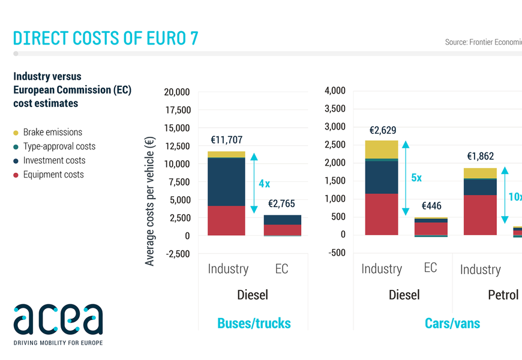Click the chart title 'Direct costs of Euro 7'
(106, 38)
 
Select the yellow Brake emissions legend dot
(16, 133)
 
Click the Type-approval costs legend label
(59, 146)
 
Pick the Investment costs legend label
(54, 161)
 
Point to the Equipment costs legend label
(53, 175)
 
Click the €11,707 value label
(226, 140)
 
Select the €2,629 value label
(382, 130)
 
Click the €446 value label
(431, 206)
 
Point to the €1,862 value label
(481, 157)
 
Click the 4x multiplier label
(264, 184)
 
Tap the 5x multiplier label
(416, 178)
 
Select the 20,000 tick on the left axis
(176, 92)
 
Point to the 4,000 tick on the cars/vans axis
(335, 91)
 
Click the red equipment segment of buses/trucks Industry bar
(226, 220)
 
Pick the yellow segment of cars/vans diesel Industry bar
(382, 149)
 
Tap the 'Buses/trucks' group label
(254, 323)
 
